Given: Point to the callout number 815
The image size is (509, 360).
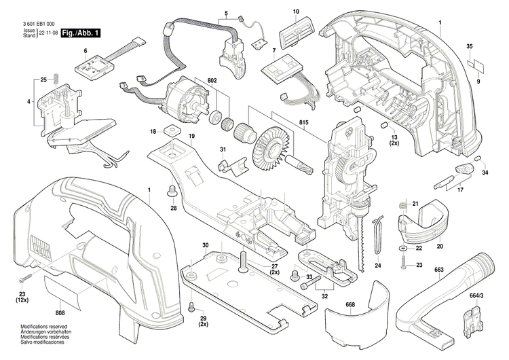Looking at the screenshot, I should click(293, 122).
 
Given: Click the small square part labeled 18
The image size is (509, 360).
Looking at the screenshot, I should click(168, 131).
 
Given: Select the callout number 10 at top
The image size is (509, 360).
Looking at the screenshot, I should click(296, 12).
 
